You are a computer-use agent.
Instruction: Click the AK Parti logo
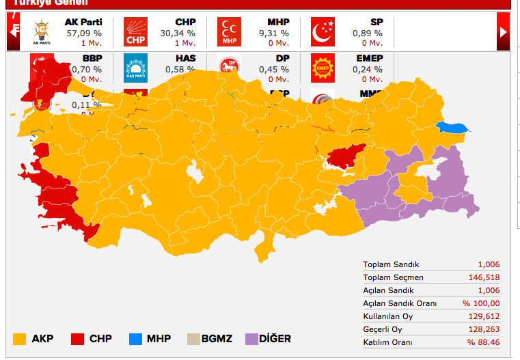click(42, 31)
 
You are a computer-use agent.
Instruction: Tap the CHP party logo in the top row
click(135, 31)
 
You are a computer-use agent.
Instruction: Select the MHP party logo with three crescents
click(229, 31)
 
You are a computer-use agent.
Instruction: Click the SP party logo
click(323, 31)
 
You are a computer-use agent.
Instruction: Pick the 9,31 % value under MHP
click(273, 33)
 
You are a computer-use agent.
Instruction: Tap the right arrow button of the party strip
click(504, 31)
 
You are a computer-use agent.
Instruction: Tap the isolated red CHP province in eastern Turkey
click(346, 156)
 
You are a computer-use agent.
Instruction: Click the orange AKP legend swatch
click(20, 339)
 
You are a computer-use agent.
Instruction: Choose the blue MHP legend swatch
click(135, 339)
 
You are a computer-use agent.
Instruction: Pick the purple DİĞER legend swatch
click(251, 339)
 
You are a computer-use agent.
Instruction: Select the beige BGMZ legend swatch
click(193, 339)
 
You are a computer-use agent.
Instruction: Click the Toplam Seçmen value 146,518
click(485, 277)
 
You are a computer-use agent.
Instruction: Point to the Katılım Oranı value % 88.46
click(483, 342)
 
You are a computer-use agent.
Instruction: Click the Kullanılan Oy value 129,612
click(485, 316)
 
